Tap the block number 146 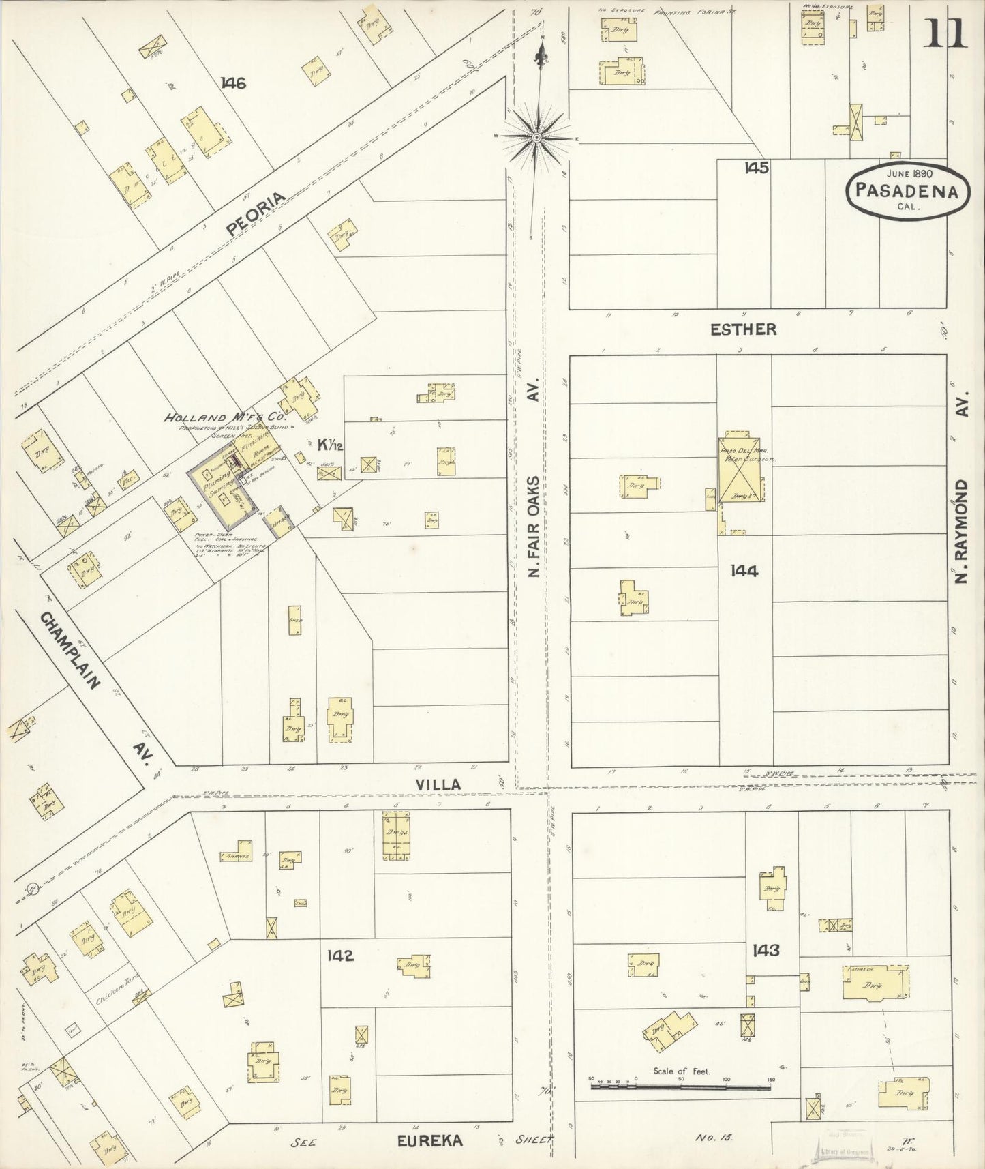click(233, 83)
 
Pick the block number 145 click(757, 168)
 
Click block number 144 click(743, 571)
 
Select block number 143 click(766, 949)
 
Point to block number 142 click(340, 956)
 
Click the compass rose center click(536, 137)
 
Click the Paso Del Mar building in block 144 click(741, 486)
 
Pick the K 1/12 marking click(329, 445)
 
